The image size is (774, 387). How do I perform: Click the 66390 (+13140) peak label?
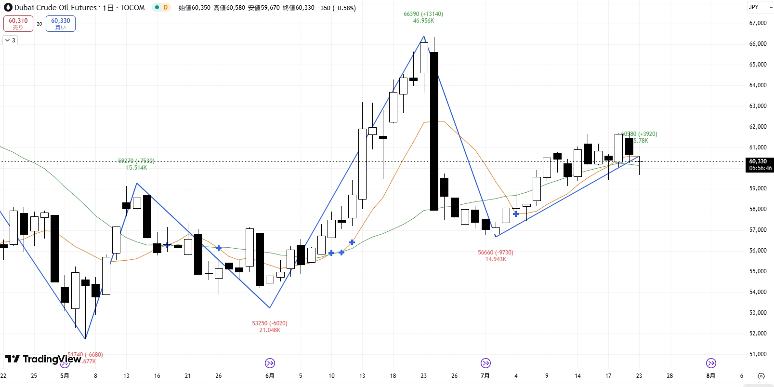click(423, 14)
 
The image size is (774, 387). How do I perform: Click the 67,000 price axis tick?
click(758, 23)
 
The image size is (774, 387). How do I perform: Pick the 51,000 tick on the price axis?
click(758, 354)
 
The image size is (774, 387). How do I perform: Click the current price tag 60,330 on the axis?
click(760, 164)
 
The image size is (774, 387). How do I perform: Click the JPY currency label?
click(754, 7)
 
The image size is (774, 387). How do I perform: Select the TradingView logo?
click(43, 359)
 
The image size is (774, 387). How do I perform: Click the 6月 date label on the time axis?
click(270, 376)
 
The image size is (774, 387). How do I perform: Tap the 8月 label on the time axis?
click(710, 376)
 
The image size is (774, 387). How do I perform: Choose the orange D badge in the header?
click(165, 7)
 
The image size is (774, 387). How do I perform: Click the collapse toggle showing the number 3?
click(10, 40)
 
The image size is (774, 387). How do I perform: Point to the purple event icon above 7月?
click(485, 363)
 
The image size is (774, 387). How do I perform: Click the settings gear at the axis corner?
click(761, 376)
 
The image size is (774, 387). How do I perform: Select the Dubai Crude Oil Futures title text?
click(55, 8)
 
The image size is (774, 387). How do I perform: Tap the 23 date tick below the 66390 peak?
click(423, 376)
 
